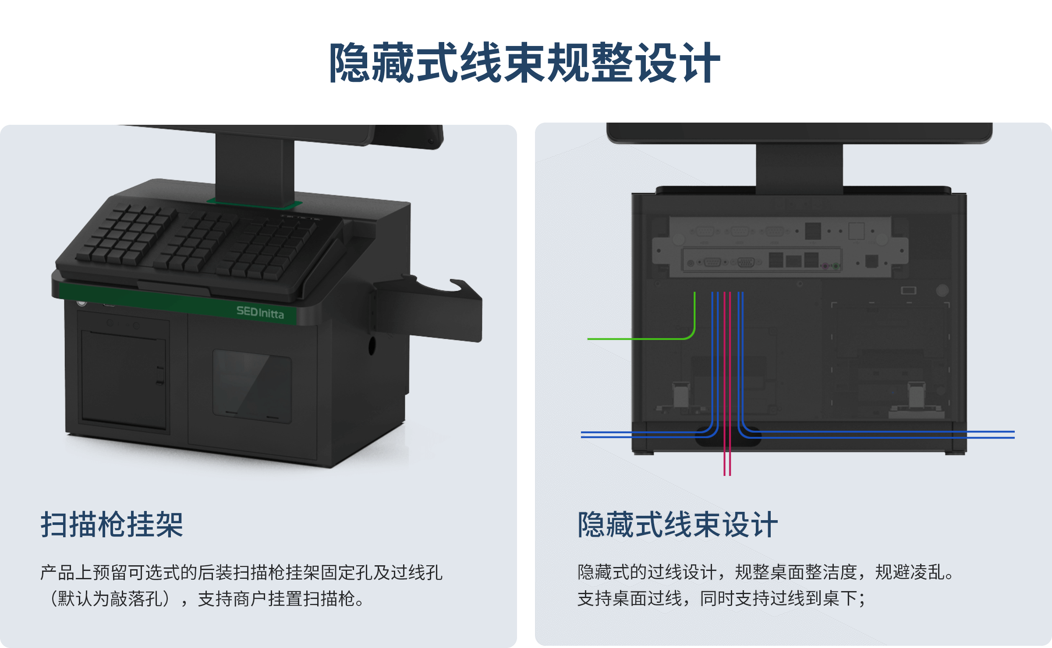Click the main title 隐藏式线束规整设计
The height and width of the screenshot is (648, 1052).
pos(525,63)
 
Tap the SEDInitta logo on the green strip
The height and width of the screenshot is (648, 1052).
pos(260,312)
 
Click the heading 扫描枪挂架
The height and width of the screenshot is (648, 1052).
pos(112,525)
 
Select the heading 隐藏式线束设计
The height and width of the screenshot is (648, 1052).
pos(677,525)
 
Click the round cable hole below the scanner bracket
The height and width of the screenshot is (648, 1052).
pos(372,345)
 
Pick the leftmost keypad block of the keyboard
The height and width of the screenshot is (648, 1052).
pos(126,234)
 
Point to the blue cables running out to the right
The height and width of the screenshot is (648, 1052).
pos(876,434)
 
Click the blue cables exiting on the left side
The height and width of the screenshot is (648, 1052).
pos(648,434)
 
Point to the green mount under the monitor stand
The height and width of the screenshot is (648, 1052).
pos(254,203)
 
